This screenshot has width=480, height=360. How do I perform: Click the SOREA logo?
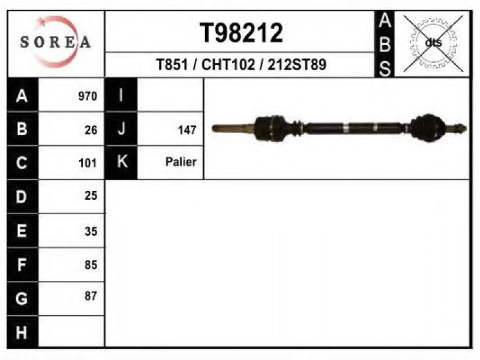[55, 42]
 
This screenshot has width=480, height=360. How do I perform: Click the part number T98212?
[241, 33]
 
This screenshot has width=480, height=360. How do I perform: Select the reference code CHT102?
[228, 65]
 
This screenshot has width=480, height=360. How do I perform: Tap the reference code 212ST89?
[297, 65]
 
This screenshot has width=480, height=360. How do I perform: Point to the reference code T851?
[172, 65]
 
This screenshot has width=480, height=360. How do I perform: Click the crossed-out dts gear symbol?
[433, 43]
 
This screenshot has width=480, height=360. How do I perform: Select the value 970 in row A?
[88, 96]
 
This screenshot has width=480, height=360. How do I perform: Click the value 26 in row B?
[91, 130]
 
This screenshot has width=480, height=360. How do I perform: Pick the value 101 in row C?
[88, 163]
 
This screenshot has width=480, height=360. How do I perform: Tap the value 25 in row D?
[91, 196]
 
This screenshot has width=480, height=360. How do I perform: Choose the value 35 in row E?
[91, 232]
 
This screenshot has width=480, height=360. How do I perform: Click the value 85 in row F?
[91, 265]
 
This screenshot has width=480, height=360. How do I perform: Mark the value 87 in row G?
[91, 296]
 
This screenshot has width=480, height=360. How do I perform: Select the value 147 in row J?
[187, 130]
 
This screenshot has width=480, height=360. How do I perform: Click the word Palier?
[181, 161]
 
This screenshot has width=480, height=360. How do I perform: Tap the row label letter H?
[22, 332]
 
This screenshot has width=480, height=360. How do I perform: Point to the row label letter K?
[122, 161]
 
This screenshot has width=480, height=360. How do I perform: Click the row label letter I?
[121, 95]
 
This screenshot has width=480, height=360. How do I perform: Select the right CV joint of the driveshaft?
[425, 128]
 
